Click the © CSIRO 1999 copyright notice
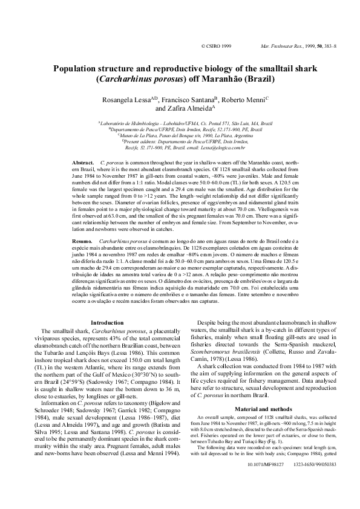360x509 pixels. [x=215, y=46]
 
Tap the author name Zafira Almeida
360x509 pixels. [x=182, y=109]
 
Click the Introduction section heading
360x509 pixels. [x=106, y=324]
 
